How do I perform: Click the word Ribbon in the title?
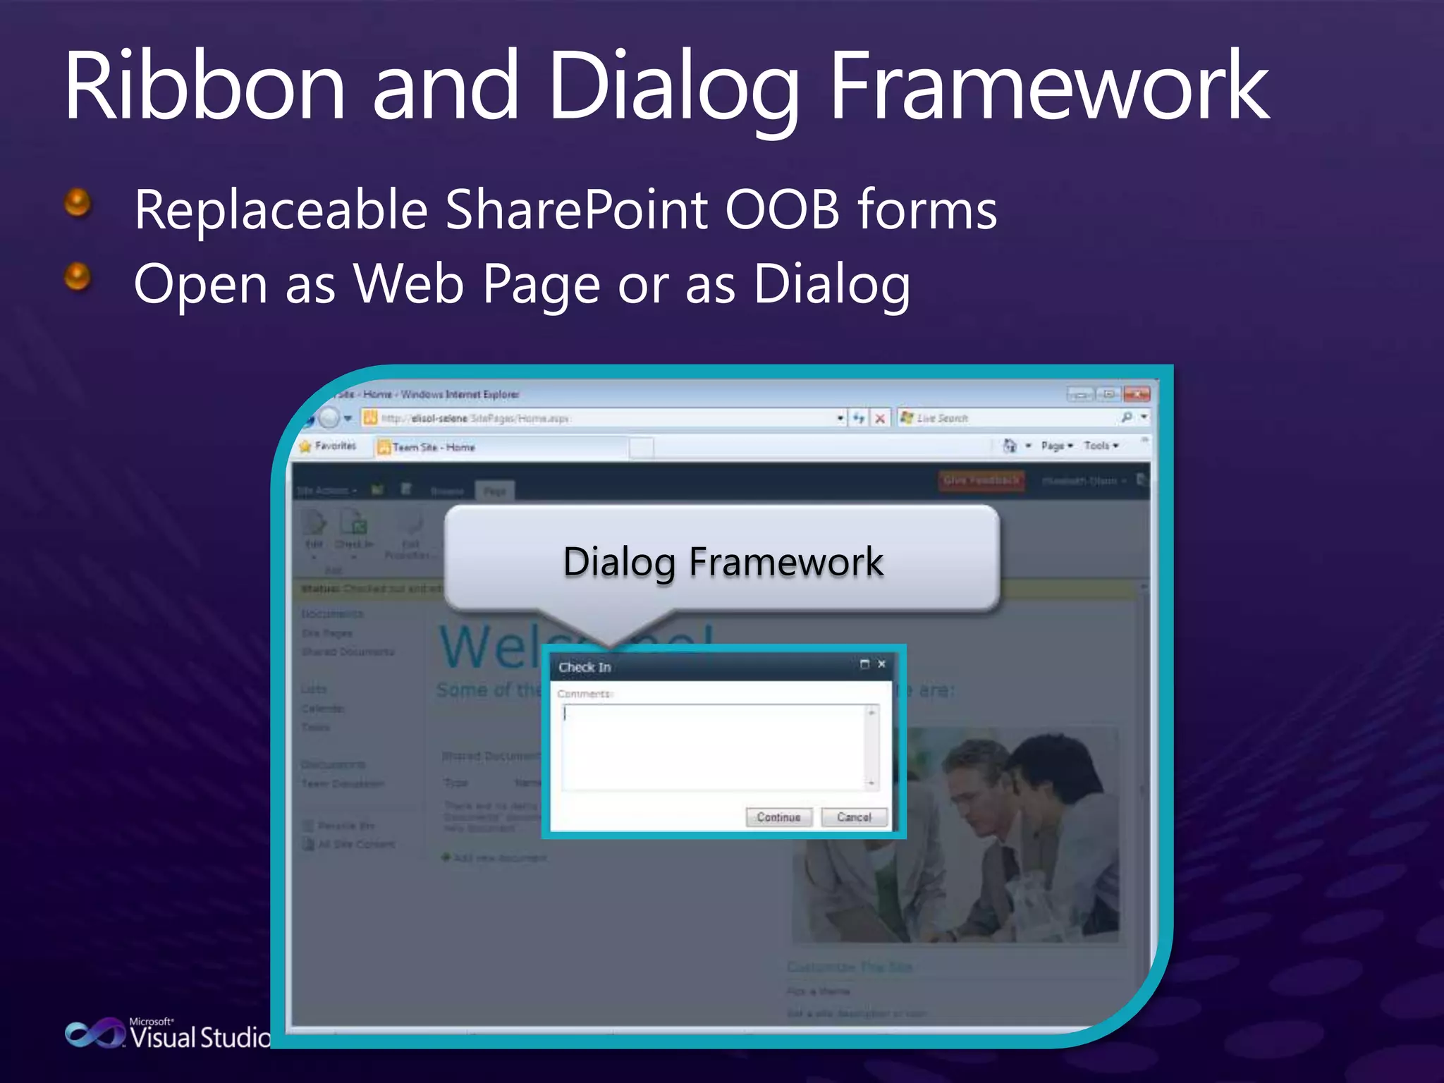click(x=204, y=86)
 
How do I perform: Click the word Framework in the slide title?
click(x=1049, y=86)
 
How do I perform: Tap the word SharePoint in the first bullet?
click(x=576, y=210)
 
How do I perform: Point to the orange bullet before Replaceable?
click(x=78, y=203)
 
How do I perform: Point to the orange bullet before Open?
click(x=78, y=276)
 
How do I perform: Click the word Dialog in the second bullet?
click(x=831, y=284)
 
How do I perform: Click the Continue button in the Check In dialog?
click(x=778, y=817)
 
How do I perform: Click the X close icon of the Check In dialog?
click(x=881, y=664)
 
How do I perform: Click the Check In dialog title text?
click(x=585, y=667)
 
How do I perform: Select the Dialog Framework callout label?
click(x=723, y=562)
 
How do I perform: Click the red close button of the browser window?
click(x=1137, y=393)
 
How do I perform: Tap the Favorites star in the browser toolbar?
click(x=305, y=446)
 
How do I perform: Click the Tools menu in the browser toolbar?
click(x=1100, y=446)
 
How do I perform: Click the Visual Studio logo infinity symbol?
click(x=94, y=1034)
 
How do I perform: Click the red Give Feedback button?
click(x=981, y=480)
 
